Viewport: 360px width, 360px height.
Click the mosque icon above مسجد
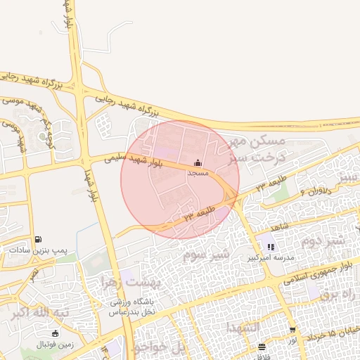(197, 162)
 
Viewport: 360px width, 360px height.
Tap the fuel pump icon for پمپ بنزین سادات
(37, 240)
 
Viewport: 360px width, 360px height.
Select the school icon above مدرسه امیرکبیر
(271, 247)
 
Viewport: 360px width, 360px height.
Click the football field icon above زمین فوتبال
(56, 333)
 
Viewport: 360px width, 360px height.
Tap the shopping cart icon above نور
(292, 330)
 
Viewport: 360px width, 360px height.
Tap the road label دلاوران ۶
(315, 190)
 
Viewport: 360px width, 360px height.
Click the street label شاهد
(280, 228)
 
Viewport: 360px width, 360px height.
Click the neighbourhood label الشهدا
(243, 328)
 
